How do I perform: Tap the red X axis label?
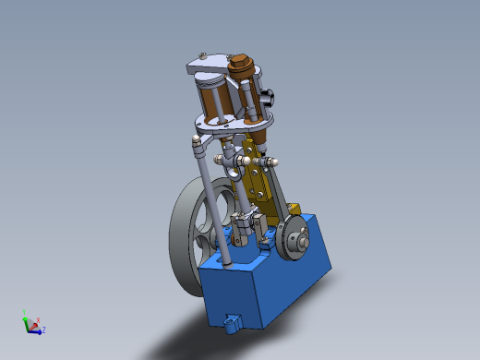click(38, 320)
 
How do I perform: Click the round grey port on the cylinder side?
click(270, 95)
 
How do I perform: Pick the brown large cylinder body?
click(210, 101)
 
